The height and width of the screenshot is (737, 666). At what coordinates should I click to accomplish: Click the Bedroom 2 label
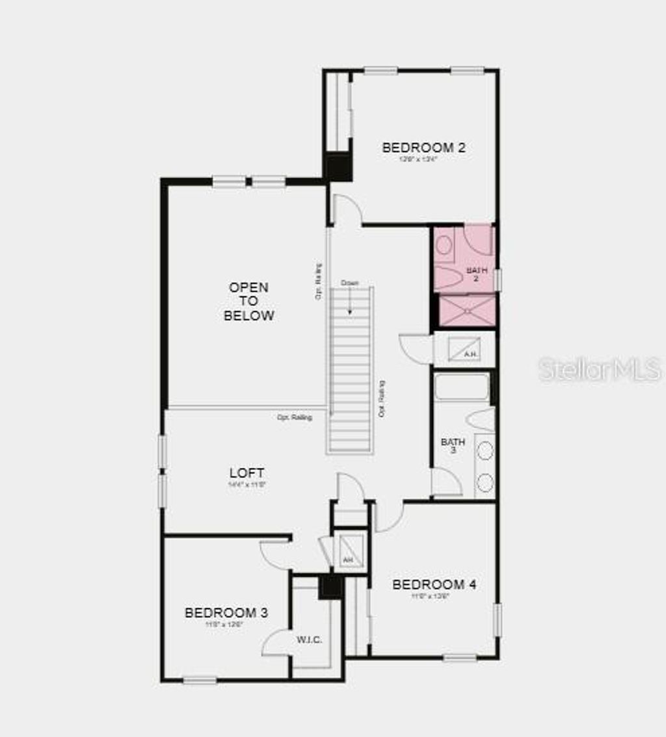tap(423, 148)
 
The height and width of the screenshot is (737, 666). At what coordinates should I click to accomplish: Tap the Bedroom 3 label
tap(226, 613)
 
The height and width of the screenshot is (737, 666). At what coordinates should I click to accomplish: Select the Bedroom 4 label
tap(434, 584)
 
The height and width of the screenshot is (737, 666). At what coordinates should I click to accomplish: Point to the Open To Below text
tap(248, 302)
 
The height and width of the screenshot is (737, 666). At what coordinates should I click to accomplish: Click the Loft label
tap(246, 472)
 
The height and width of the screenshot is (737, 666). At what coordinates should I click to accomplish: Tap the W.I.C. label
tap(310, 640)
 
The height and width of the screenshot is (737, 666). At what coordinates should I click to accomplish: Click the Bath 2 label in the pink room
tap(475, 274)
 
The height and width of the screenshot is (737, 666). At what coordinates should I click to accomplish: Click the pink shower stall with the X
tap(468, 311)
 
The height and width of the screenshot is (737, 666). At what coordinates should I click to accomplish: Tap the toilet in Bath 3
tap(481, 419)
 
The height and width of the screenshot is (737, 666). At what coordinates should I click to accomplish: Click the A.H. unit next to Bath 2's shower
tap(469, 349)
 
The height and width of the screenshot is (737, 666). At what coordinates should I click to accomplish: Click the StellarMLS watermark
tap(599, 369)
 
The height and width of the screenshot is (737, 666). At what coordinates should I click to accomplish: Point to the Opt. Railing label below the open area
tap(295, 417)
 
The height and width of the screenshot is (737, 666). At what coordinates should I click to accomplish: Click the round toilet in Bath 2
tap(445, 245)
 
